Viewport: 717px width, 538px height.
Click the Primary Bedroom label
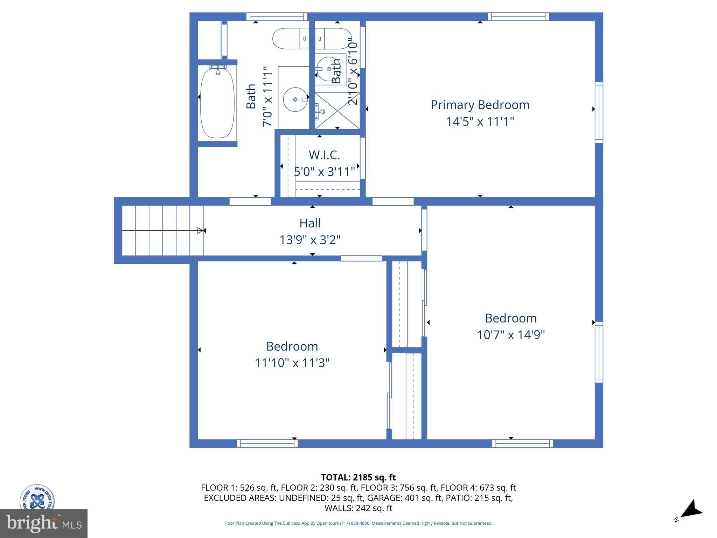point(480,105)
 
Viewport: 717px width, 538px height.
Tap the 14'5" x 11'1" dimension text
point(480,122)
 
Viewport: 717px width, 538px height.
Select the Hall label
point(310,223)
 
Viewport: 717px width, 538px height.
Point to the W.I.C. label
point(324,155)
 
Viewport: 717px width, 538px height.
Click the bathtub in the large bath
point(217,103)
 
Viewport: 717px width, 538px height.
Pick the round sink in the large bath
point(295,99)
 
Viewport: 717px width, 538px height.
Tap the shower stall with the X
point(337,111)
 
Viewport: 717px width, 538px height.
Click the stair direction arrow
point(163,230)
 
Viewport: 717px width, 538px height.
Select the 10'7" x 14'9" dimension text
point(511,335)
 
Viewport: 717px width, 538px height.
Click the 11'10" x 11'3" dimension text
point(292,363)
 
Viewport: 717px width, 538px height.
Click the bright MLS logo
point(44,524)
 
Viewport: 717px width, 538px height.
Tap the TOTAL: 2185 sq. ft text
point(358,477)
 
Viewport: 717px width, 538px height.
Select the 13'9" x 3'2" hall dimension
point(310,240)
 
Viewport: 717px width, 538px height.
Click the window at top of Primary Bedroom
point(518,16)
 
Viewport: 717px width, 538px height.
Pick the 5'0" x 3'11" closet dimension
point(324,172)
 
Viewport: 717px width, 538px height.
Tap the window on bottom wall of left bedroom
point(267,443)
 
